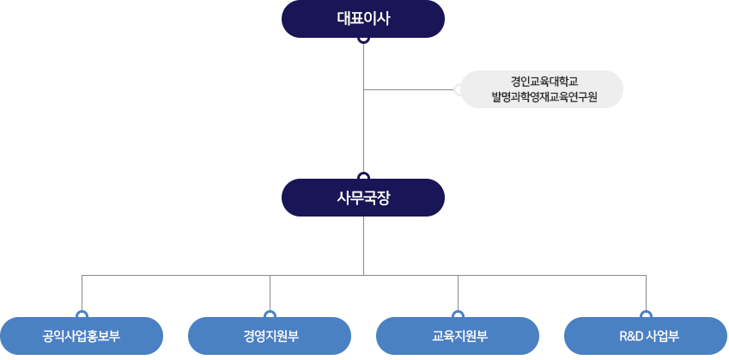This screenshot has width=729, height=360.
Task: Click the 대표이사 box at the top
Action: [363, 19]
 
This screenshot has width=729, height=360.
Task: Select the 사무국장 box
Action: [363, 198]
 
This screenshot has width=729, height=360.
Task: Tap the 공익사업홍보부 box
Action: [82, 336]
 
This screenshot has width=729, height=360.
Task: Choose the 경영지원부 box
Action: [270, 336]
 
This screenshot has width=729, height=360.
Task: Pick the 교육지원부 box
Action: [458, 336]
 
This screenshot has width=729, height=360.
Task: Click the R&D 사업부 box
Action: [646, 336]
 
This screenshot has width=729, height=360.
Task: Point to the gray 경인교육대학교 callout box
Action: [542, 89]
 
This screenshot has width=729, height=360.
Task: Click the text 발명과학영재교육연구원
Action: [544, 97]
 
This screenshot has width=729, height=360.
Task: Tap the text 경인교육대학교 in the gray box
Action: [544, 81]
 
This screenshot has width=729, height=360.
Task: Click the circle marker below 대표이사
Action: [364, 39]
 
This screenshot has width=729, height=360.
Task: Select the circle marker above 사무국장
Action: [364, 178]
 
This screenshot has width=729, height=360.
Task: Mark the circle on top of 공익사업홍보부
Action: [82, 315]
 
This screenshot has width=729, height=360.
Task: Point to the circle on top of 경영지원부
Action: [270, 315]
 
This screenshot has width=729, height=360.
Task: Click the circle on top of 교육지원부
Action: [458, 315]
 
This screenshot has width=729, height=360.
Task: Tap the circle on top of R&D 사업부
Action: [646, 315]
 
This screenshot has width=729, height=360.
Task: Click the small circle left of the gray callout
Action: [459, 89]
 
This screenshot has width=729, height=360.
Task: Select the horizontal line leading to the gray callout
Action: [409, 89]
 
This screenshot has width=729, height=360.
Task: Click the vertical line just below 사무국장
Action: [364, 245]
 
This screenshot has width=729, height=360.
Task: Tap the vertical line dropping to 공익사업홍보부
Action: [82, 292]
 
